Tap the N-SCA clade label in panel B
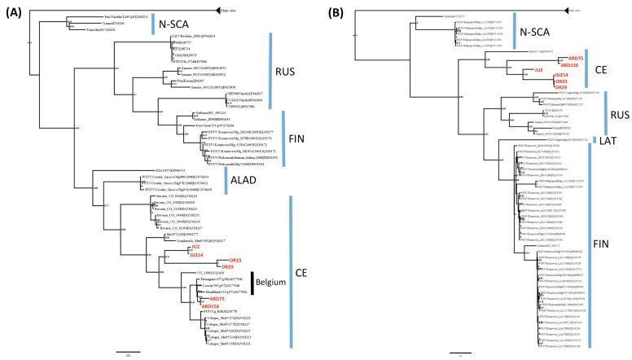(x=541, y=33)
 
